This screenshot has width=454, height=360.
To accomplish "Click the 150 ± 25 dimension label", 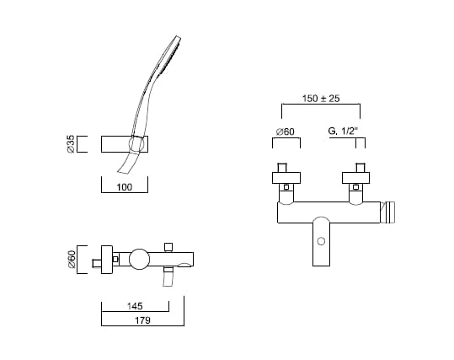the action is [321, 99].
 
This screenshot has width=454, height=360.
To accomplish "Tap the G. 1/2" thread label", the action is [343, 132].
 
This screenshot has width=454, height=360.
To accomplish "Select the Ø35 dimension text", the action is [71, 144].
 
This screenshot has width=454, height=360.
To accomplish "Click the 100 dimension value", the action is [125, 187].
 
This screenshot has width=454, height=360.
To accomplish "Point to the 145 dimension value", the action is [135, 306].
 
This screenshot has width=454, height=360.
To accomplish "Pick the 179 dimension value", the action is [142, 320].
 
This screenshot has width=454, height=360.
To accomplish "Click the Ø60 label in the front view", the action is [286, 132].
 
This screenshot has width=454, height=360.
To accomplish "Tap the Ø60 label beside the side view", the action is [72, 259].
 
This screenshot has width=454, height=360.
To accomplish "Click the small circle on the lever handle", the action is [321, 241].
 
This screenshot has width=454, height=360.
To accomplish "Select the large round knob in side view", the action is [140, 259].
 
